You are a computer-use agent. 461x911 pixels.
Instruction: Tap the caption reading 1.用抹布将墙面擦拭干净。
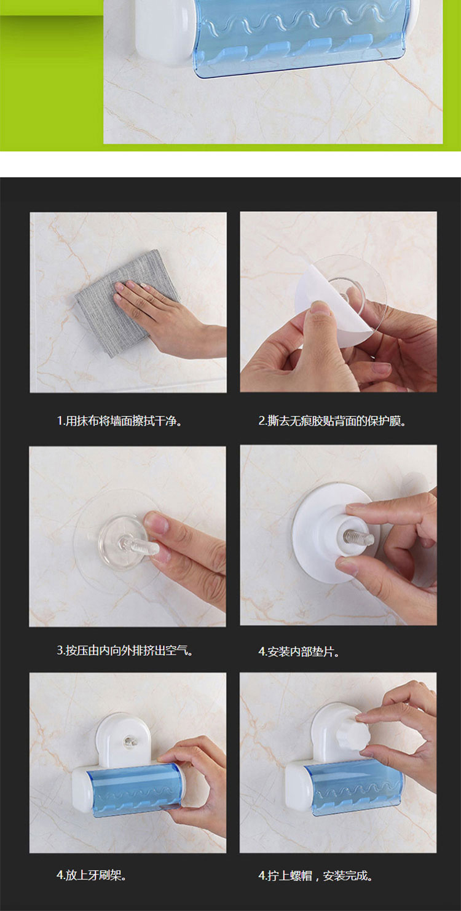point(119,420)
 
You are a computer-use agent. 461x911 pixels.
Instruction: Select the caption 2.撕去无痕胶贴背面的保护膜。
point(333,420)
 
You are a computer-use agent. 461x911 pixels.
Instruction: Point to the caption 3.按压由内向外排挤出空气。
point(125,650)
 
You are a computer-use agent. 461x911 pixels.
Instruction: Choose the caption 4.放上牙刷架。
point(92,875)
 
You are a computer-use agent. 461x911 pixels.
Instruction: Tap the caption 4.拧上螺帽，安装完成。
point(316,875)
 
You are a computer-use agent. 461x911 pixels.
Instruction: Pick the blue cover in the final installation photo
point(353,792)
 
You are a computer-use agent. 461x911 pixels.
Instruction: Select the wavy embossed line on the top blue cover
point(301,22)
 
